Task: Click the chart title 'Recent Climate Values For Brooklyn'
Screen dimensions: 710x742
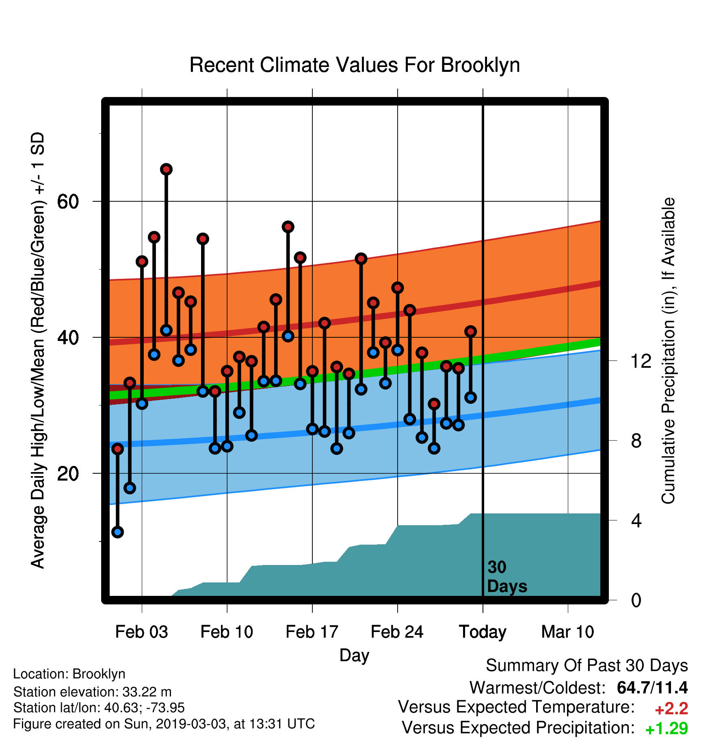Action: coord(355,65)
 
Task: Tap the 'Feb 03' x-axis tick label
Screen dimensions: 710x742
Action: coord(141,632)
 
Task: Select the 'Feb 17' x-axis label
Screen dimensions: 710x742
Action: coord(312,632)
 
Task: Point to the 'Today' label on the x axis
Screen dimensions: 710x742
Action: coord(483,632)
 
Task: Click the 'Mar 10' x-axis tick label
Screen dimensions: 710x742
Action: coord(567,632)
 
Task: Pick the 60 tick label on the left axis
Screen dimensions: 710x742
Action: coord(68,201)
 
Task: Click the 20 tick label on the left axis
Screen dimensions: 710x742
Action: coord(68,473)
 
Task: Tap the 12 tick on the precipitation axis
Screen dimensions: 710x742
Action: coord(641,361)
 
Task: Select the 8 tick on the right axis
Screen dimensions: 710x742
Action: coord(636,440)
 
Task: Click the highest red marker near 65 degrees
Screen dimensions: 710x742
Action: coord(166,169)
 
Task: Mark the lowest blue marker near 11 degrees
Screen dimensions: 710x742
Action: coord(117,532)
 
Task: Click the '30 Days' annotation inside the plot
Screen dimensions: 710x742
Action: coord(507,577)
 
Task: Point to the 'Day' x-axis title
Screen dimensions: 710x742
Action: coord(354,656)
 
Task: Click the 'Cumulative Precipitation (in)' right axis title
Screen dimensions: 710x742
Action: coord(668,351)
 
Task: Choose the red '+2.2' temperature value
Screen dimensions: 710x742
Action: coord(671,709)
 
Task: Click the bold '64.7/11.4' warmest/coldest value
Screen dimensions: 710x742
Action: coord(652,688)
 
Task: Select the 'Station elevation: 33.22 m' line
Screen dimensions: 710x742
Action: coord(92,691)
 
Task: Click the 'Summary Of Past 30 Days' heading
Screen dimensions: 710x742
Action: coord(587,666)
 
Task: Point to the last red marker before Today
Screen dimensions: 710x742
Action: coord(470,331)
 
